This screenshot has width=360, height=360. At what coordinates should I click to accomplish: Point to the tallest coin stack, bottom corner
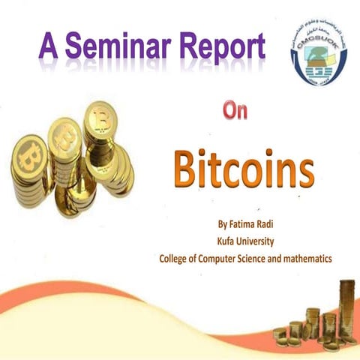tap(346, 307)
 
